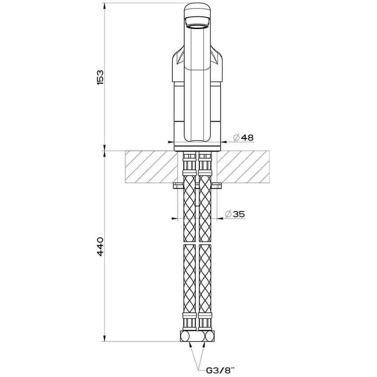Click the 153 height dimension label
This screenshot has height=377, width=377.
pos(100,77)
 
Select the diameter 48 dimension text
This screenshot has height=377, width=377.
pos(243,137)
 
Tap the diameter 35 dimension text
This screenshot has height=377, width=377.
pos(235,214)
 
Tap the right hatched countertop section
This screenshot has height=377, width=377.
pos(243,166)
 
